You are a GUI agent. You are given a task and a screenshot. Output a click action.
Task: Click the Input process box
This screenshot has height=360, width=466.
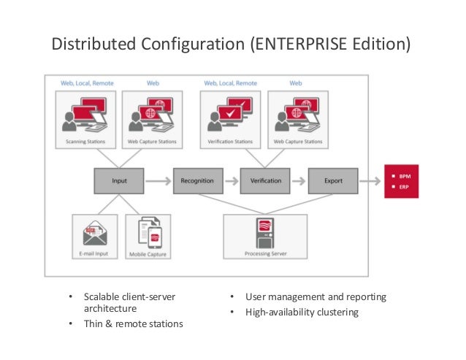(119, 180)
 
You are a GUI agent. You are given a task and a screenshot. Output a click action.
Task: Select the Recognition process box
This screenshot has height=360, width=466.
(197, 180)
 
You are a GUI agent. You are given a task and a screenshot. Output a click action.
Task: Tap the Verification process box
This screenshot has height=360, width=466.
(265, 180)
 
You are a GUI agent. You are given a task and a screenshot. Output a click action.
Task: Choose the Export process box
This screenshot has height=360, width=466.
(333, 180)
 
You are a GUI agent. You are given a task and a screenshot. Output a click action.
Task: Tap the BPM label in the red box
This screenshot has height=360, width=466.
(407, 176)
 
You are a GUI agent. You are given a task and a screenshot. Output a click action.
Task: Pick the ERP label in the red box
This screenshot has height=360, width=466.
(406, 187)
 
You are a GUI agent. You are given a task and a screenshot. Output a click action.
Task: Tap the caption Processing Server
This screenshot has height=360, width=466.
(264, 255)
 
